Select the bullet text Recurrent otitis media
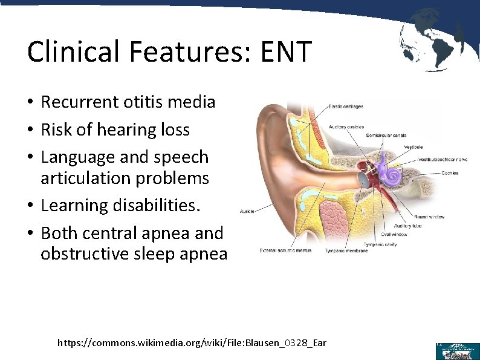pos(128,102)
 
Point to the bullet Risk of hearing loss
pos(115,129)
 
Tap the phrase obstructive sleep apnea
pos(134,254)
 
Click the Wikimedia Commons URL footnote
pos(192,343)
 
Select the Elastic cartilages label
pos(345,107)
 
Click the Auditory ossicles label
pos(346,127)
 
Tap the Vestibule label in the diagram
pos(413,147)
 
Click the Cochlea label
pos(449,173)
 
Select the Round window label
pos(429,216)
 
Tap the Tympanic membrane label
pos(346,250)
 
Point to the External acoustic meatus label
pos(285,250)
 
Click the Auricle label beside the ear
pos(247,211)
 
